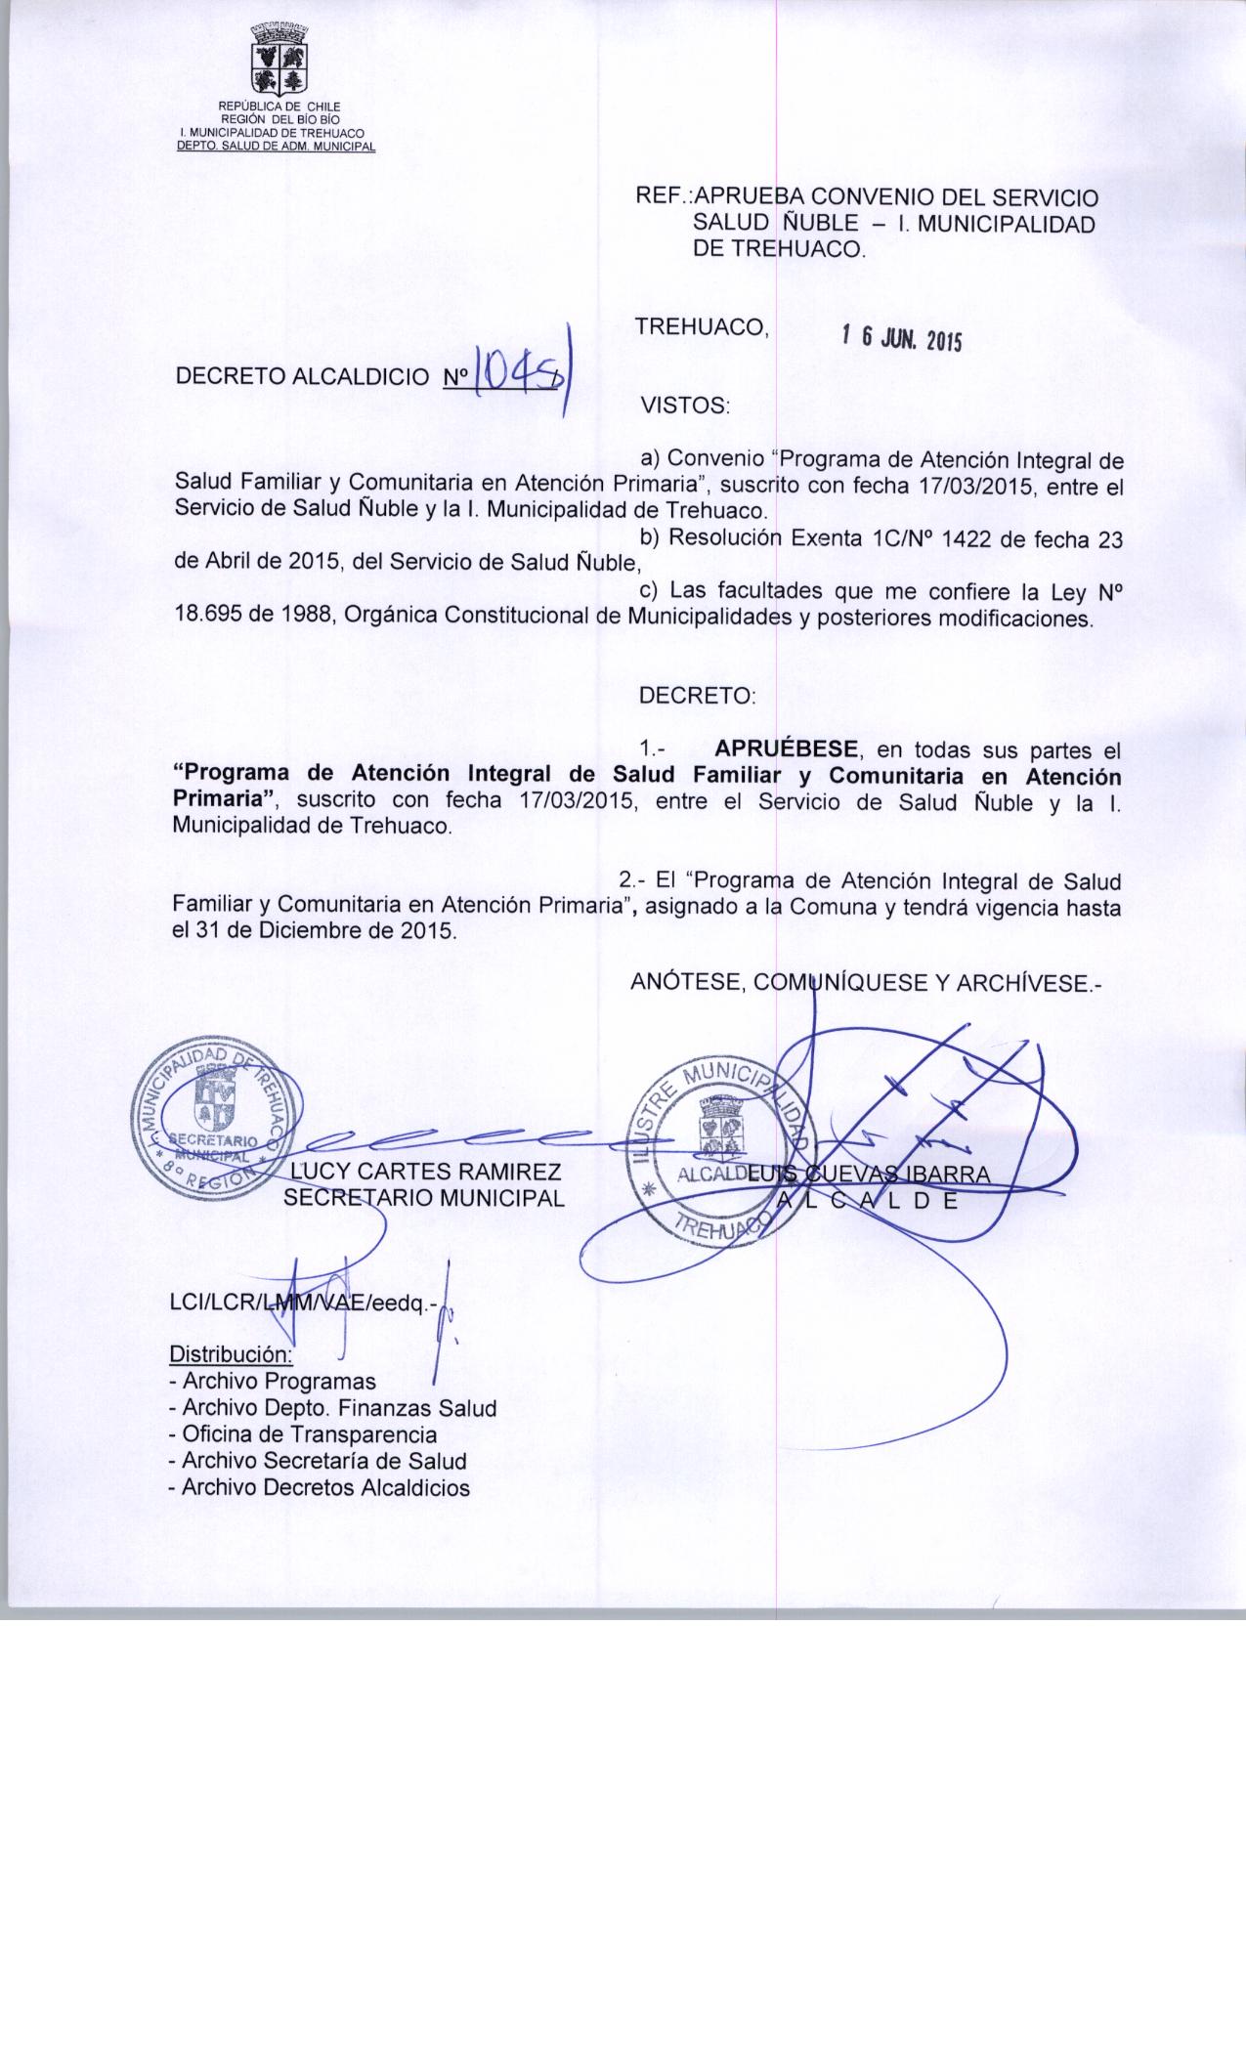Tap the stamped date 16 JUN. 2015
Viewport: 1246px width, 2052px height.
(x=901, y=340)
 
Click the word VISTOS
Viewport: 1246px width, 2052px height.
(x=684, y=405)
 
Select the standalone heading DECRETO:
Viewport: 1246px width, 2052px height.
(x=697, y=697)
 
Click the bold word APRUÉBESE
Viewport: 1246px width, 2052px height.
(x=787, y=750)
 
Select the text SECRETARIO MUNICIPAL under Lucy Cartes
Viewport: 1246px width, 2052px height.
(x=424, y=1198)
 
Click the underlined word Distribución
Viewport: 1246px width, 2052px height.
(x=231, y=1355)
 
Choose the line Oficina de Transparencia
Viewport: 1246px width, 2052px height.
(x=303, y=1435)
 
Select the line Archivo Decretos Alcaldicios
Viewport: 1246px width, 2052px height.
(x=320, y=1488)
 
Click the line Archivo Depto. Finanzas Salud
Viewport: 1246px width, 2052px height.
(x=332, y=1409)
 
